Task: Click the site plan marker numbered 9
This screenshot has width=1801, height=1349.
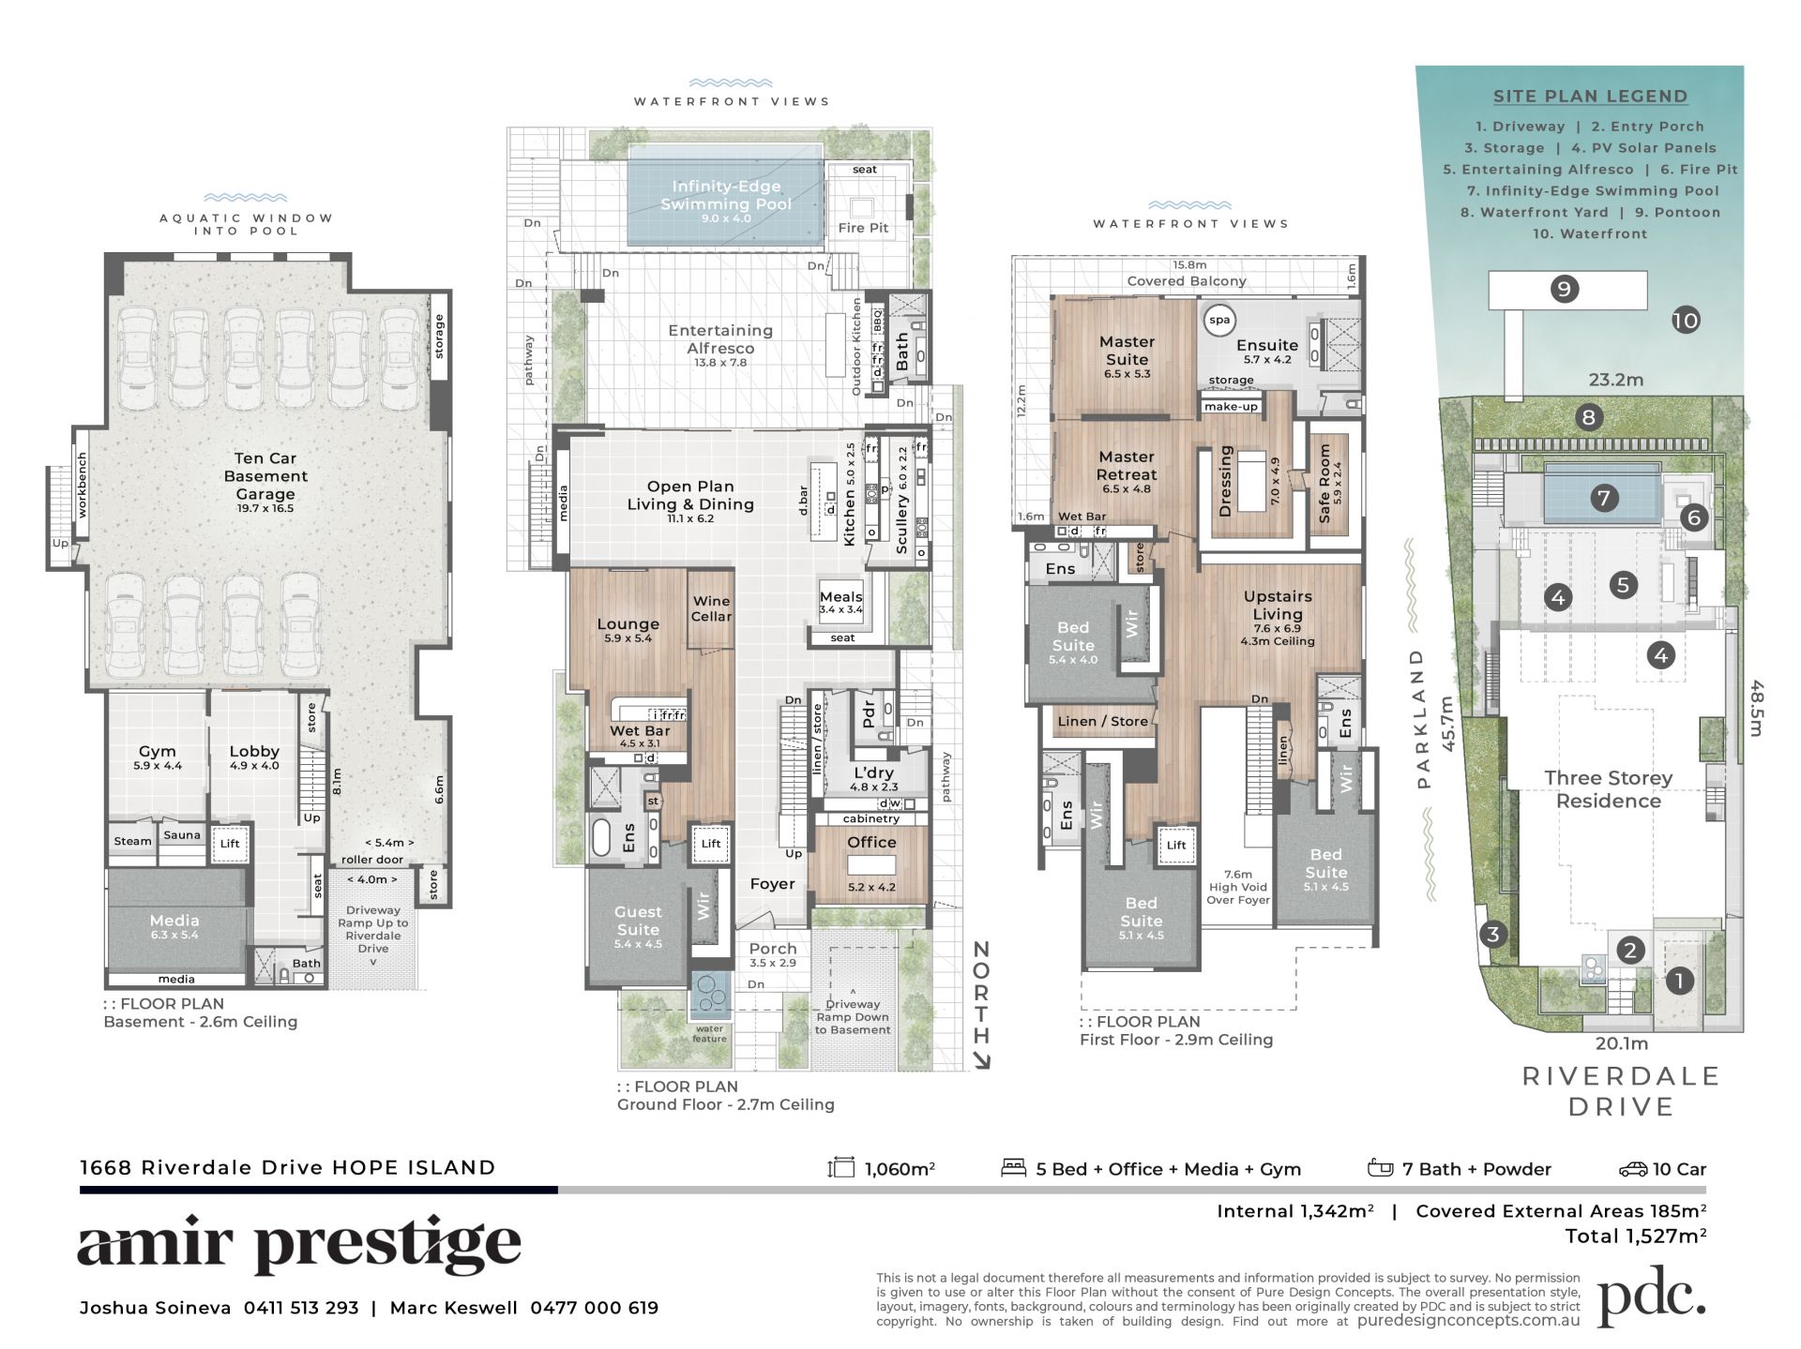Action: pos(1564,289)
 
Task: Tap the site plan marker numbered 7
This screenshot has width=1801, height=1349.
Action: pos(1604,497)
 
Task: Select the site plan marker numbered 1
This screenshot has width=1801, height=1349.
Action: pos(1678,982)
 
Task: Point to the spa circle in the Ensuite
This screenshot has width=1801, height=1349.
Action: pos(1219,320)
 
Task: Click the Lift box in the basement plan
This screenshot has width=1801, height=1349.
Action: pos(230,843)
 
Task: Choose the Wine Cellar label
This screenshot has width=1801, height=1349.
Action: pos(711,608)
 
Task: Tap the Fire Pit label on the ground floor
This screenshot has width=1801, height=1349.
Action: pos(863,228)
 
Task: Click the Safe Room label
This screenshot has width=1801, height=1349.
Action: pos(1325,483)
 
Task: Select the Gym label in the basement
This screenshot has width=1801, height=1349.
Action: pos(157,751)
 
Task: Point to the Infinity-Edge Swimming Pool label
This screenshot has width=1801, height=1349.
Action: pos(726,195)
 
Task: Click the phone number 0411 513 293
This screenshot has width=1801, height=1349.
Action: pos(301,1308)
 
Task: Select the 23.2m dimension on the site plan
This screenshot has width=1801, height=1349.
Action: pos(1615,380)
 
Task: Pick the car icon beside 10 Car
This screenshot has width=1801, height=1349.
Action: pos(1633,1169)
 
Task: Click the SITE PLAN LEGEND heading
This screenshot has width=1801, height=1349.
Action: pos(1590,96)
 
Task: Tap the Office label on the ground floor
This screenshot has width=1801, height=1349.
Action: pos(871,842)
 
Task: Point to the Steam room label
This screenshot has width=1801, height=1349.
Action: pos(132,841)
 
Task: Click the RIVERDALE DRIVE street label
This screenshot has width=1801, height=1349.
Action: pos(1621,1091)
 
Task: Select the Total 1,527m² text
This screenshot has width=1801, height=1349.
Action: pos(1635,1236)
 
